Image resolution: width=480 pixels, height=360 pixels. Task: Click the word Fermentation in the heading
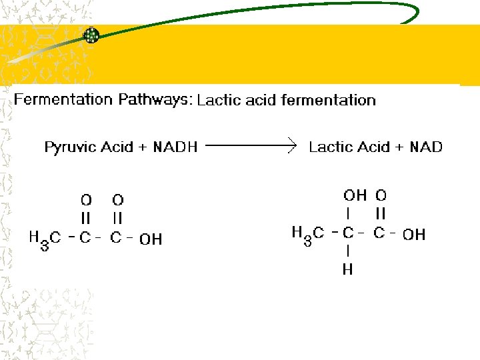tap(63, 100)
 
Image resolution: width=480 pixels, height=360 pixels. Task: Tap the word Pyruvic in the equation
tap(71, 147)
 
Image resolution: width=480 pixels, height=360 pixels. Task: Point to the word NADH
tap(175, 147)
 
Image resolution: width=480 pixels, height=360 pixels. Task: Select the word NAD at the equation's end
tap(426, 147)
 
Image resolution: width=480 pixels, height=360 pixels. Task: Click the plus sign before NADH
tap(142, 147)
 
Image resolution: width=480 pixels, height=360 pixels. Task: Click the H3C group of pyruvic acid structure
tap(45, 238)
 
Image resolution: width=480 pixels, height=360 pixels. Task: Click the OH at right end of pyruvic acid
tap(151, 239)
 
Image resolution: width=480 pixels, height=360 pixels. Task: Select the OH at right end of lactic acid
tap(414, 235)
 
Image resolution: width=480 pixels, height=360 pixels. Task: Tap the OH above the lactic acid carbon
tap(355, 195)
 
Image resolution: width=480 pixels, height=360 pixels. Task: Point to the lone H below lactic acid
tap(348, 270)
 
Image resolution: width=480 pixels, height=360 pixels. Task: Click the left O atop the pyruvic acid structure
tap(86, 199)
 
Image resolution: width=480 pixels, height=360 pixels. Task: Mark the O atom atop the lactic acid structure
tap(381, 195)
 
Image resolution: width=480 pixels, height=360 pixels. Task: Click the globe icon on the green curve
tap(91, 35)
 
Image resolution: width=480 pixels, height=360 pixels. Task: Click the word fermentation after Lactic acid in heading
tap(329, 101)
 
